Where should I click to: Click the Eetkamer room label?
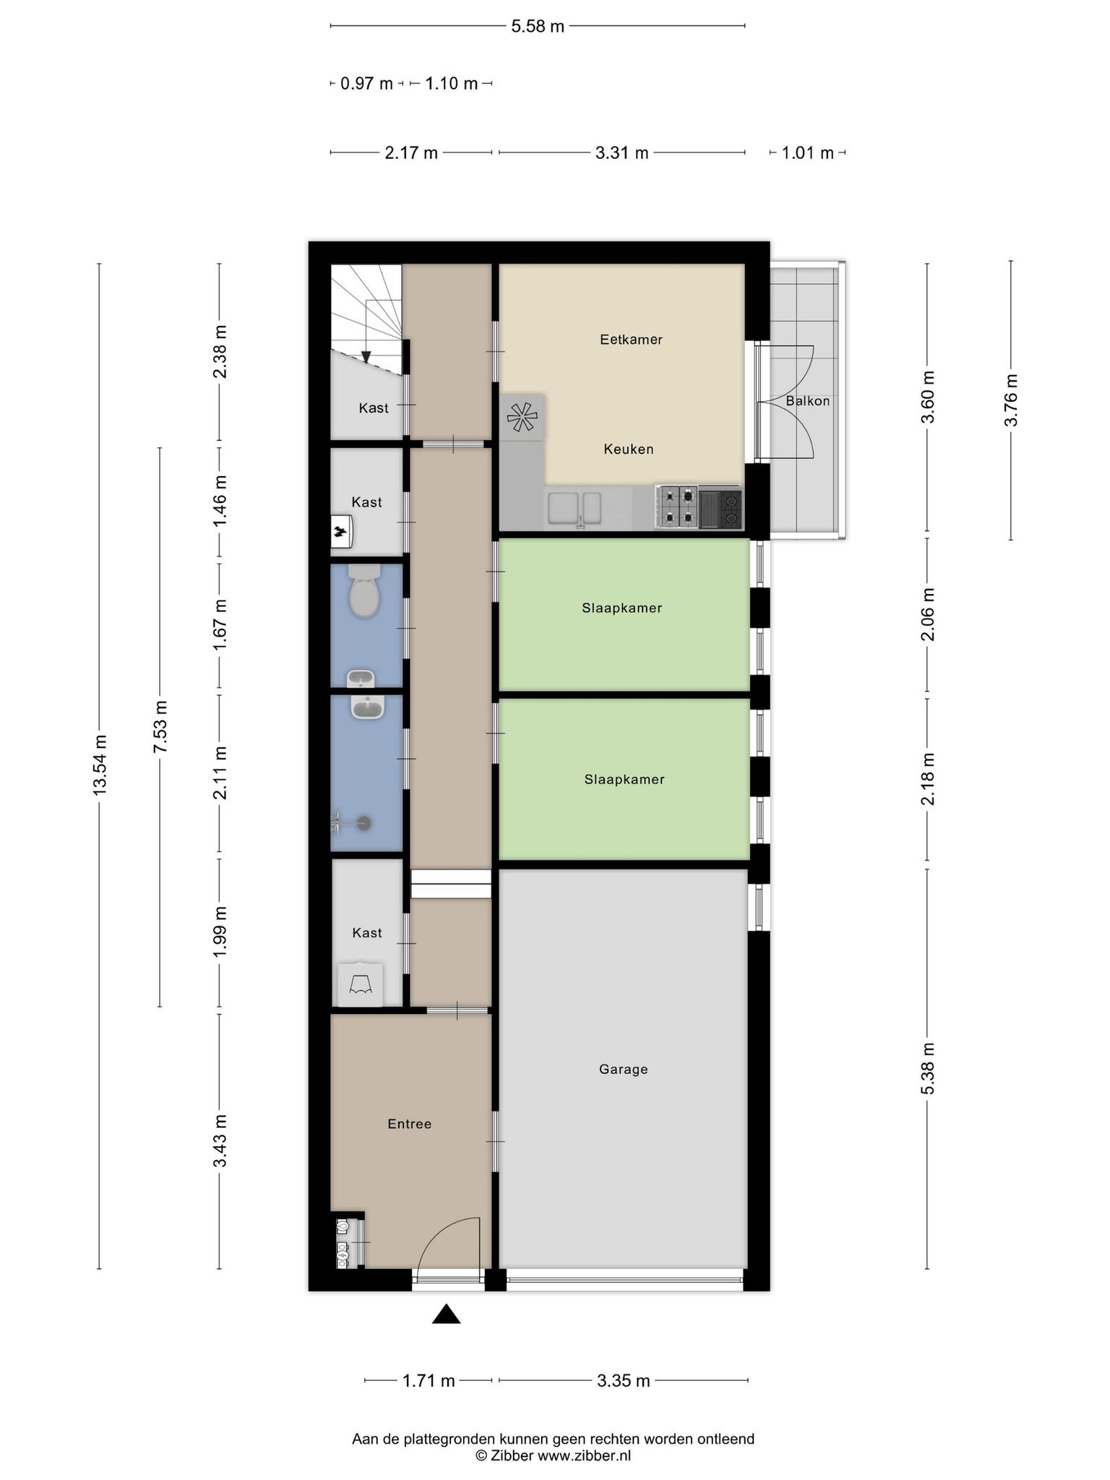[x=631, y=340]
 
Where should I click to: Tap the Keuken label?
[x=629, y=449]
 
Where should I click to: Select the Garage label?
[x=624, y=1070]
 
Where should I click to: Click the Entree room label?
[x=410, y=1124]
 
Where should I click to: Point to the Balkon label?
[x=808, y=401]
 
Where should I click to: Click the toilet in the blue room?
[x=364, y=590]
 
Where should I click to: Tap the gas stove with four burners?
[x=677, y=507]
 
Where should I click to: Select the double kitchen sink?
[x=575, y=508]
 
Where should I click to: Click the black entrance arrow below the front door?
[x=447, y=1314]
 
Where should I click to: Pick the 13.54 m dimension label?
[x=100, y=765]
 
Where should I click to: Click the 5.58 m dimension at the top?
[x=538, y=27]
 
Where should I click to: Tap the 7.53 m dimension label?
[x=160, y=726]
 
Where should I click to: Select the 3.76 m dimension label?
[x=1011, y=400]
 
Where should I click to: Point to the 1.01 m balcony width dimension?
[x=808, y=153]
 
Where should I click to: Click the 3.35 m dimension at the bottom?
[x=624, y=1381]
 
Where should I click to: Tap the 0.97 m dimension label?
[x=366, y=84]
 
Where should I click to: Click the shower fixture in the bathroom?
[x=351, y=822]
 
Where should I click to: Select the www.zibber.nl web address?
[x=585, y=1455]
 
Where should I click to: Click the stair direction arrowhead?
[x=366, y=357]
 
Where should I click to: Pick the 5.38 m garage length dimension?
[x=928, y=1069]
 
